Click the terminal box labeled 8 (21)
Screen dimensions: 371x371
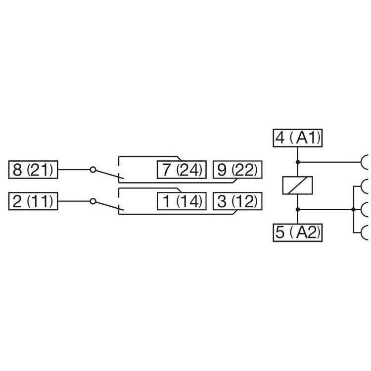pos(34,170)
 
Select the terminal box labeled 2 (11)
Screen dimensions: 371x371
pos(34,201)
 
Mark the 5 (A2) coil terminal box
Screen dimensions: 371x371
pos(298,232)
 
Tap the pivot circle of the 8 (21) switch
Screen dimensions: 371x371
pos(93,170)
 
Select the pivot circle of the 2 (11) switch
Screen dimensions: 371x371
pos(93,201)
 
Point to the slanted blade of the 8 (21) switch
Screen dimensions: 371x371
pos(106,174)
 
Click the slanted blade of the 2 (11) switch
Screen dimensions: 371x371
pos(106,205)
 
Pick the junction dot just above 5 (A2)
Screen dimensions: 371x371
pos(298,210)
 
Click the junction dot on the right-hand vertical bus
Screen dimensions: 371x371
pos(353,210)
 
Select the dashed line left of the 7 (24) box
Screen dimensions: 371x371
pos(119,168)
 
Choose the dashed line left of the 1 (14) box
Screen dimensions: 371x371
pos(119,200)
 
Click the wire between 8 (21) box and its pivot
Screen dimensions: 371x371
pos(74,170)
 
